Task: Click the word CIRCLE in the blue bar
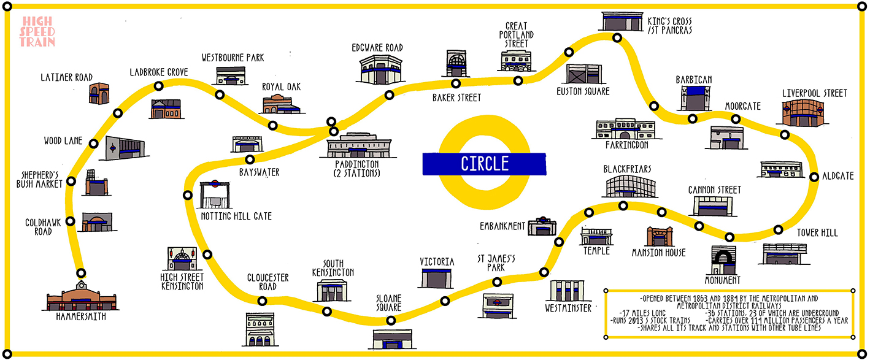[485, 164]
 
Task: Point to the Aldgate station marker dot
[814, 177]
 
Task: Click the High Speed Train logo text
[37, 31]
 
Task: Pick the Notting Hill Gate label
[236, 216]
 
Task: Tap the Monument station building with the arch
[723, 260]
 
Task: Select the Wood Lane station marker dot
[93, 144]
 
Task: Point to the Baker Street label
[456, 98]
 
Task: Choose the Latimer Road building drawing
[99, 94]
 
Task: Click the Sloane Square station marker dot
[391, 320]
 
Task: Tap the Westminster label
[568, 308]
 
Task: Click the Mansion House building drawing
[659, 236]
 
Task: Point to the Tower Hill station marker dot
[778, 230]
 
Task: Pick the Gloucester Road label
[268, 282]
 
